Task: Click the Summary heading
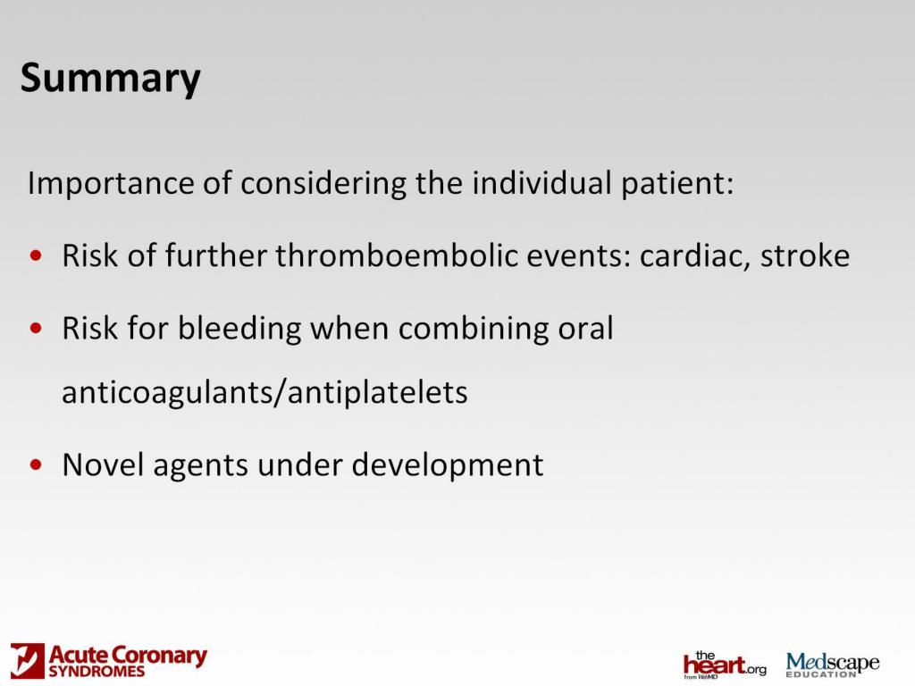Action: pos(110,79)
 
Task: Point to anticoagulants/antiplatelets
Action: pos(264,393)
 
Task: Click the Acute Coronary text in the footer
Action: pos(128,657)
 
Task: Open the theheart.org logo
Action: pos(724,664)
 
